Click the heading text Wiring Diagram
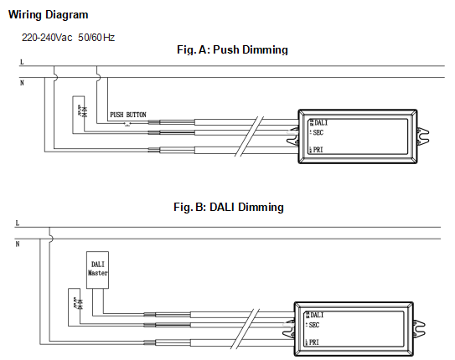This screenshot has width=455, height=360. tap(49, 15)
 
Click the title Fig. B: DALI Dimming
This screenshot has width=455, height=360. tap(228, 207)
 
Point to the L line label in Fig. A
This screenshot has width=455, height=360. tap(21, 63)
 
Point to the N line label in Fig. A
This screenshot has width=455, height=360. tap(21, 83)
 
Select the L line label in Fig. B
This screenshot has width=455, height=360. tap(17, 224)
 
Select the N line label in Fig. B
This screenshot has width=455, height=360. tap(17, 244)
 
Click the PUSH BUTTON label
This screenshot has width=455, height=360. tap(127, 114)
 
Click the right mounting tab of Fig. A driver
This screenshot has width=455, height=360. tap(424, 134)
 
